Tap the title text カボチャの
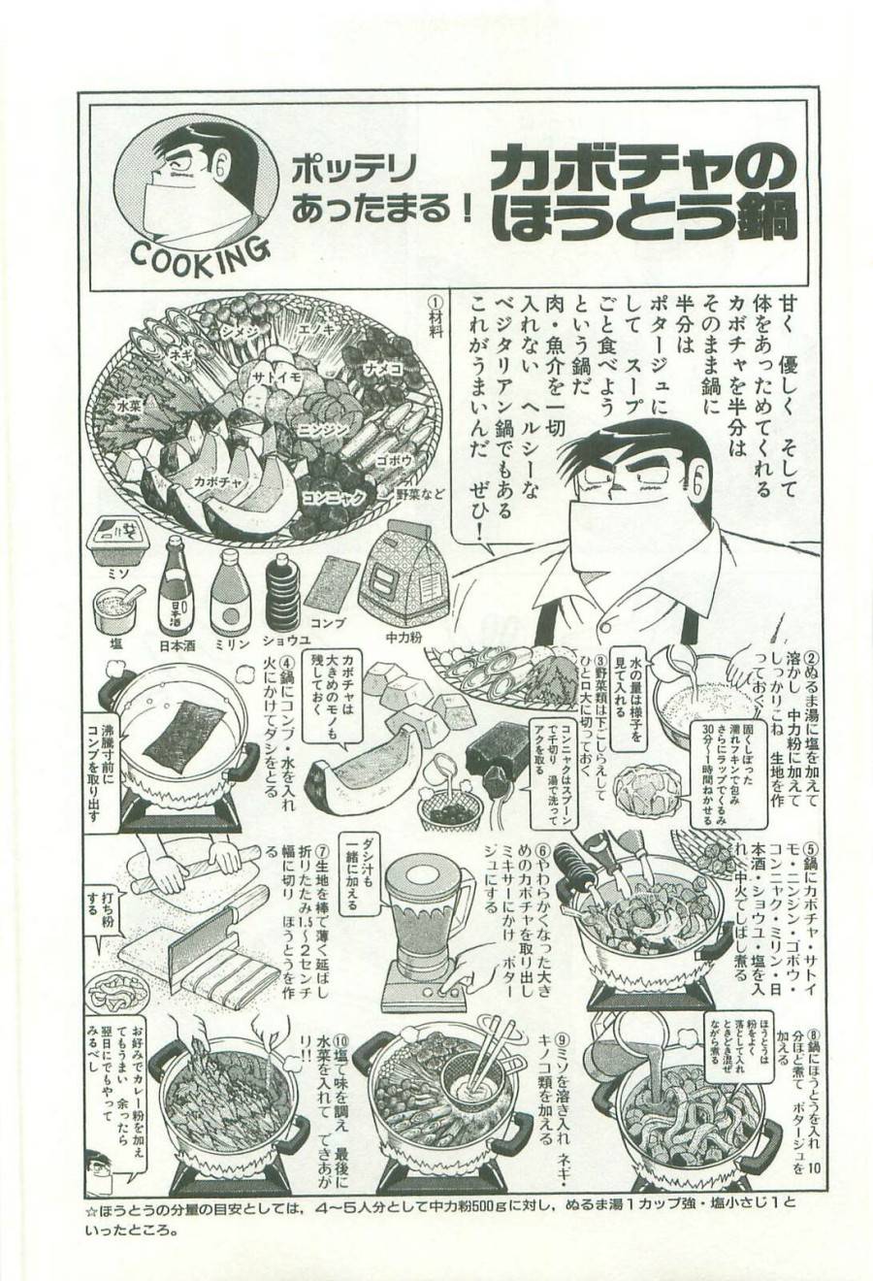click(x=643, y=175)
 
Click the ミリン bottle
click(x=229, y=591)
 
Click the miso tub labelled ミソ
click(x=116, y=540)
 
